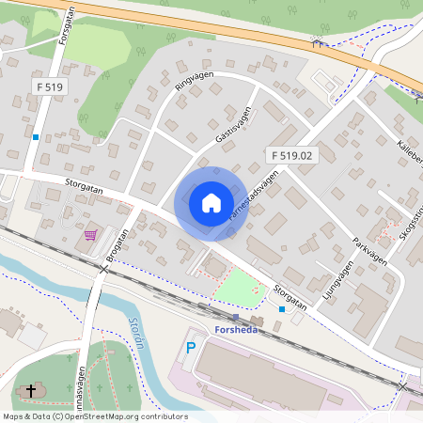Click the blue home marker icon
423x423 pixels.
pos(211,203)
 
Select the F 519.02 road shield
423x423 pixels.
pos(291,154)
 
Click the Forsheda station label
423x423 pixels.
pos(230,329)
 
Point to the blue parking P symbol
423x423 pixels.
pos(191,348)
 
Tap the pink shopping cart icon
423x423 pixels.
pos(90,234)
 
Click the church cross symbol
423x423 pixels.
pos(31,390)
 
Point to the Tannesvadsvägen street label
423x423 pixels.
pos(254,195)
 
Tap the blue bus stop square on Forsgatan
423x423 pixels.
pos(36,138)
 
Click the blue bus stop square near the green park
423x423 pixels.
pos(282,308)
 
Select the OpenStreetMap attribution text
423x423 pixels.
pos(95,416)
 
